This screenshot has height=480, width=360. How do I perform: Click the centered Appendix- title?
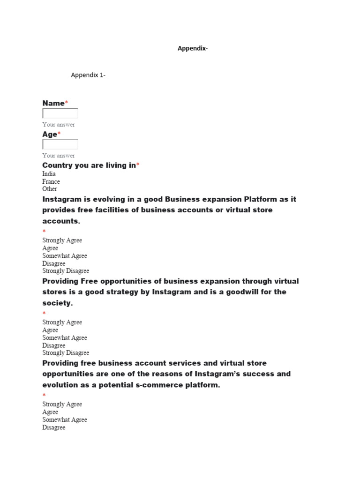(x=192, y=48)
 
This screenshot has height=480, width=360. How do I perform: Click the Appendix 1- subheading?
(x=88, y=75)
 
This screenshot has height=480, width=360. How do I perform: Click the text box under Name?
(x=60, y=113)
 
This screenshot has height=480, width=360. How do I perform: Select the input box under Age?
(x=60, y=144)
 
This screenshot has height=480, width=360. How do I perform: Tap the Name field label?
(x=53, y=103)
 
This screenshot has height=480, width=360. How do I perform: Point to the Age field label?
(x=50, y=135)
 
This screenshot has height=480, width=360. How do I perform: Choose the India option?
(x=49, y=174)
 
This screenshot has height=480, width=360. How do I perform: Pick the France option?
(x=51, y=181)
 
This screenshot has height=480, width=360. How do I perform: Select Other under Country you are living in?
(x=50, y=189)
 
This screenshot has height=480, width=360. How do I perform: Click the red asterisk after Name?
(x=67, y=103)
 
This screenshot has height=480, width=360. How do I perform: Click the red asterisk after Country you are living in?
(x=138, y=165)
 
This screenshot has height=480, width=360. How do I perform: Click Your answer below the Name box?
(x=59, y=125)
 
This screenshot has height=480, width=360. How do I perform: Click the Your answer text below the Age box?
(x=59, y=156)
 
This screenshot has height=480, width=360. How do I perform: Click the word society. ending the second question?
(x=58, y=303)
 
